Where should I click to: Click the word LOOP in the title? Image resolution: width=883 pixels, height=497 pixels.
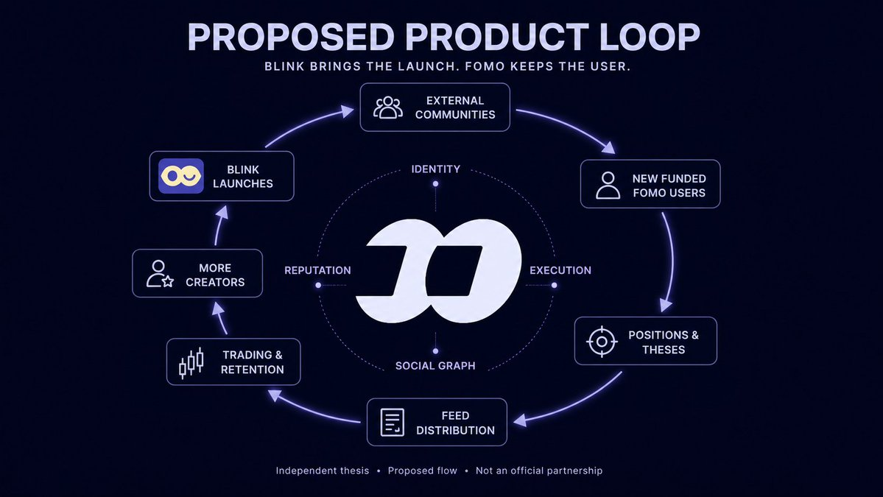click(x=650, y=37)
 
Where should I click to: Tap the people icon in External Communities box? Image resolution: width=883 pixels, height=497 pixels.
click(x=388, y=107)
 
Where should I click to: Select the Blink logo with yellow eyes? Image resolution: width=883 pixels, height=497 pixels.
click(x=180, y=176)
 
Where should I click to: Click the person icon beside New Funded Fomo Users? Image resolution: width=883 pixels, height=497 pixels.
click(x=608, y=186)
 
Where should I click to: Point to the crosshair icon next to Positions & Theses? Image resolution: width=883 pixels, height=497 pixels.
click(x=602, y=341)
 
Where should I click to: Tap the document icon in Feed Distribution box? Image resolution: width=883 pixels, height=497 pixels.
click(x=393, y=422)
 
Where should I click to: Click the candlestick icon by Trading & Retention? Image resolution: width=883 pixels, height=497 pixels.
click(x=191, y=363)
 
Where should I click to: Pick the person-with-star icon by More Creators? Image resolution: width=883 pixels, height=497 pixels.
click(x=160, y=274)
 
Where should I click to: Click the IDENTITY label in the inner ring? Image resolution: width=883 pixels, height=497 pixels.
click(x=436, y=169)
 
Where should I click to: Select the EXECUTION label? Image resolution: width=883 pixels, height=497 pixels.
click(x=560, y=270)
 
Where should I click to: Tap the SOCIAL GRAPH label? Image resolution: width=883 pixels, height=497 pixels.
click(x=435, y=366)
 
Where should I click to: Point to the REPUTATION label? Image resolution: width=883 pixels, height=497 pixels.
click(x=317, y=270)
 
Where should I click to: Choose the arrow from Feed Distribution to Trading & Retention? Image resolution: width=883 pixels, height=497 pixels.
click(x=310, y=410)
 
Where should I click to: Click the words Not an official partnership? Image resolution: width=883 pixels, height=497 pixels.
click(x=539, y=470)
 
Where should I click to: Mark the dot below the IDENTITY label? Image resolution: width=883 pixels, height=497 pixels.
click(x=435, y=184)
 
